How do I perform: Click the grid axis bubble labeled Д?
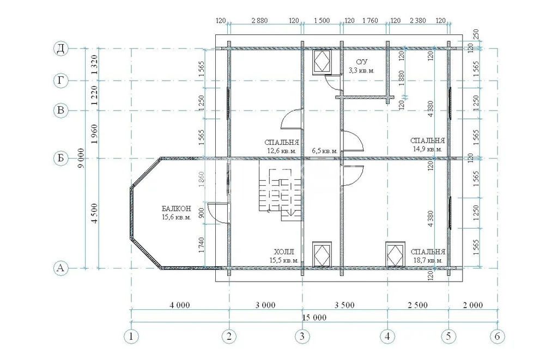tap(61, 48)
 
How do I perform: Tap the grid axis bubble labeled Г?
tap(61, 81)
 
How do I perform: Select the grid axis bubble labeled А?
tap(61, 268)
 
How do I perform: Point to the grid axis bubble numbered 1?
tap(131, 336)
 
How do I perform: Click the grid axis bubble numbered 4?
tap(387, 336)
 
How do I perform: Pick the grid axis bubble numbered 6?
tap(497, 336)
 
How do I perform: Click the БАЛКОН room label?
tap(176, 209)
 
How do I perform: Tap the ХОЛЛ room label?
tap(284, 252)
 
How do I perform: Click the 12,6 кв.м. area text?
tap(282, 150)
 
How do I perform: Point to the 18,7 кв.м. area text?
tap(428, 260)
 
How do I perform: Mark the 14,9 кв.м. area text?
tap(428, 149)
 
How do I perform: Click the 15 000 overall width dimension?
tap(314, 318)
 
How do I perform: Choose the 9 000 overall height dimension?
tap(81, 158)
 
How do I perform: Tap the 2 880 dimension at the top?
tap(259, 21)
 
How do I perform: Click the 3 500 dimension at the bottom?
tap(344, 305)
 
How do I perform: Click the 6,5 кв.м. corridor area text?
tap(325, 151)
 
